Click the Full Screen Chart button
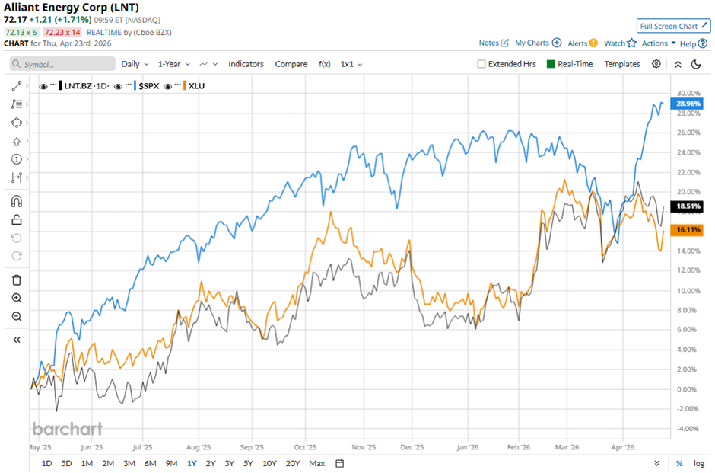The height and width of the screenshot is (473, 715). pos(673,26)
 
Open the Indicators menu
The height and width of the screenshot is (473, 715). pos(246,64)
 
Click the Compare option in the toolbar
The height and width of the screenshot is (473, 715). pos(291,64)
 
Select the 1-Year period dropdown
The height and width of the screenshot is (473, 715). pos(174,64)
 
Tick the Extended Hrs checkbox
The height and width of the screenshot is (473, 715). pos(481,64)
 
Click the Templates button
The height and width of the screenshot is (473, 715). pos(622,64)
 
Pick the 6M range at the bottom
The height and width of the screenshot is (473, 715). pos(150,463)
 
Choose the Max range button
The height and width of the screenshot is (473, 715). pos(317,463)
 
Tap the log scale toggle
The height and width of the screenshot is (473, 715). pos(698,463)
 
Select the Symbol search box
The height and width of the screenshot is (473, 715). pos(62,64)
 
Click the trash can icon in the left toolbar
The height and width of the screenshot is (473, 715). pos(17,280)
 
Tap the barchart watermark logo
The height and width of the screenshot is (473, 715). pos(67,429)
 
